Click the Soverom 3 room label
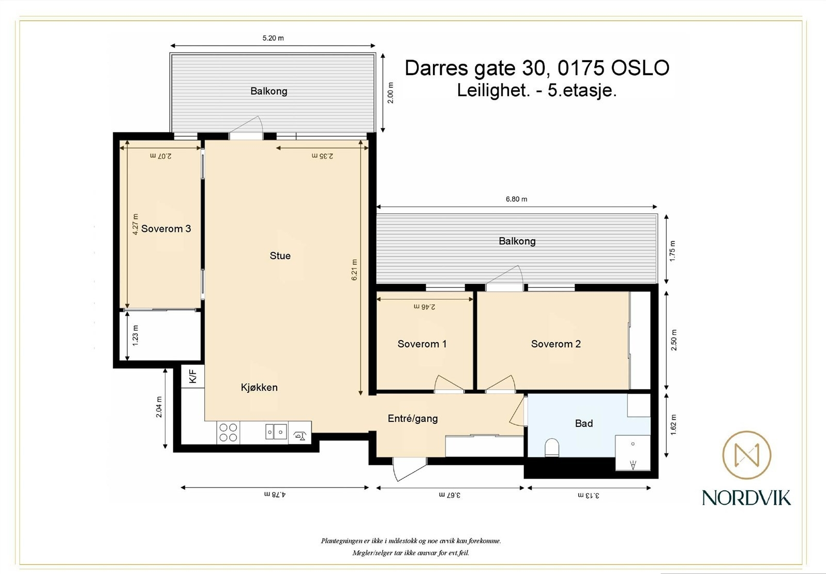point(166,229)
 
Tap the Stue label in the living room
point(280,256)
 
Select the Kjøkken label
point(259,387)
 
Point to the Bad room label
point(584,423)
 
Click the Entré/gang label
point(413,419)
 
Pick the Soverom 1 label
point(422,344)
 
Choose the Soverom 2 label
point(556,344)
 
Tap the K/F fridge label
point(193,376)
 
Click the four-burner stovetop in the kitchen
point(228,433)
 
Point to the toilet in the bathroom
point(552,447)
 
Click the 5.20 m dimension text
point(273,38)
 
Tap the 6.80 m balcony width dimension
point(517,199)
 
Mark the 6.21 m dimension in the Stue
point(354,270)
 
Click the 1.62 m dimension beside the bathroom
point(673,424)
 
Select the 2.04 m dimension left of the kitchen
point(159,407)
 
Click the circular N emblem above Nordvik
point(747,455)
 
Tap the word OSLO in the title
point(640,68)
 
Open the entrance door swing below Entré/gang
point(408,469)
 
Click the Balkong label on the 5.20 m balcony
point(269,91)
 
